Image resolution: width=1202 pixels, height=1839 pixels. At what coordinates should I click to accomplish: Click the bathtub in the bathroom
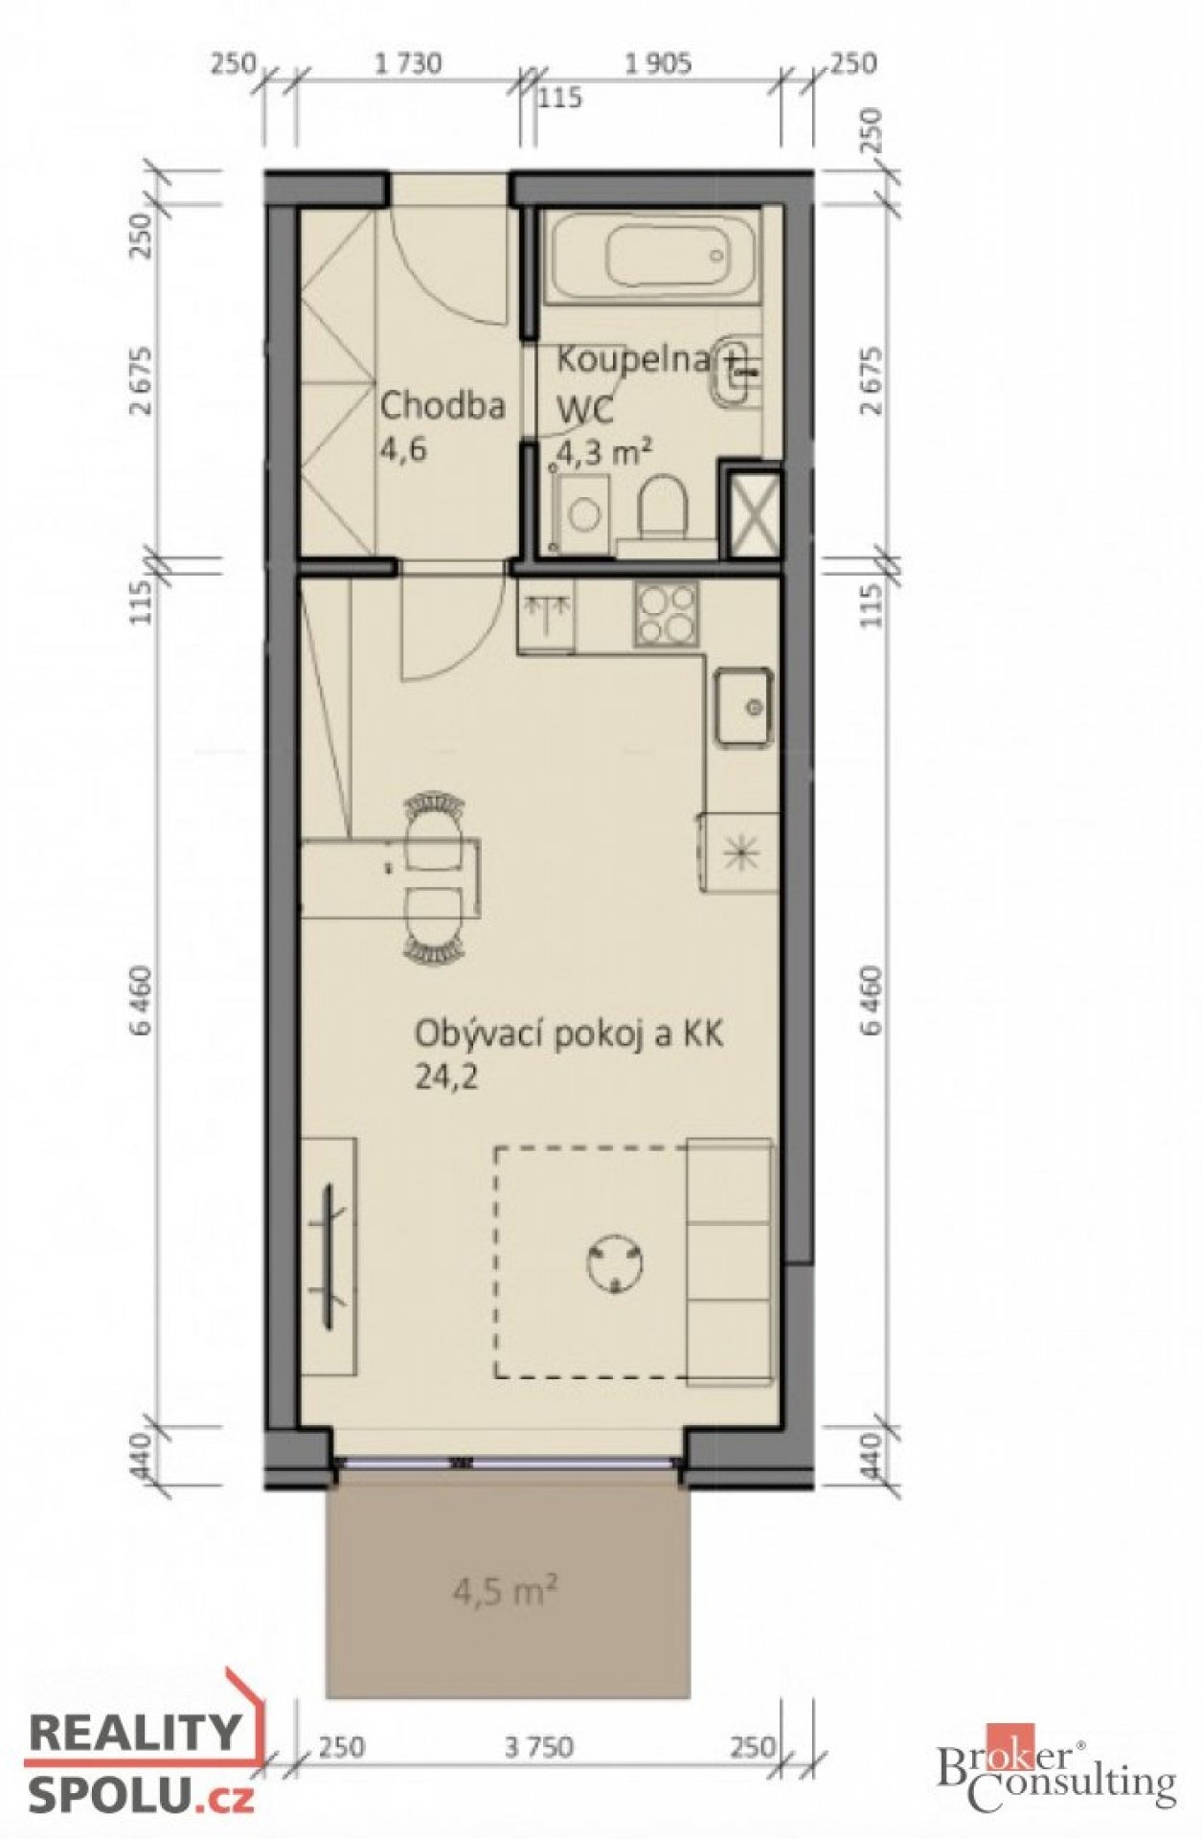pyautogui.click(x=652, y=257)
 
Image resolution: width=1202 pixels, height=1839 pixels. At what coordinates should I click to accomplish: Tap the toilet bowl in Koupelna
pyautogui.click(x=663, y=509)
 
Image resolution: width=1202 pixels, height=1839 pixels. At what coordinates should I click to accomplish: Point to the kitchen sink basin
pyautogui.click(x=743, y=707)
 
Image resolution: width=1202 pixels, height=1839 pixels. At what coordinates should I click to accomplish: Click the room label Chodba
pyautogui.click(x=442, y=406)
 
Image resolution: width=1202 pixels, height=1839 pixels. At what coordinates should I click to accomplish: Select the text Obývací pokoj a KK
pyautogui.click(x=569, y=1035)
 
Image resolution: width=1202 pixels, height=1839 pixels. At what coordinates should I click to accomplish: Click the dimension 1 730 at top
pyautogui.click(x=409, y=64)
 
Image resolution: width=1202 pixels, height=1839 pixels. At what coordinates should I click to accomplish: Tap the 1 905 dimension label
pyautogui.click(x=658, y=64)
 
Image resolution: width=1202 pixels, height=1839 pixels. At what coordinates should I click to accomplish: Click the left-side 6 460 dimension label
pyautogui.click(x=145, y=1001)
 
